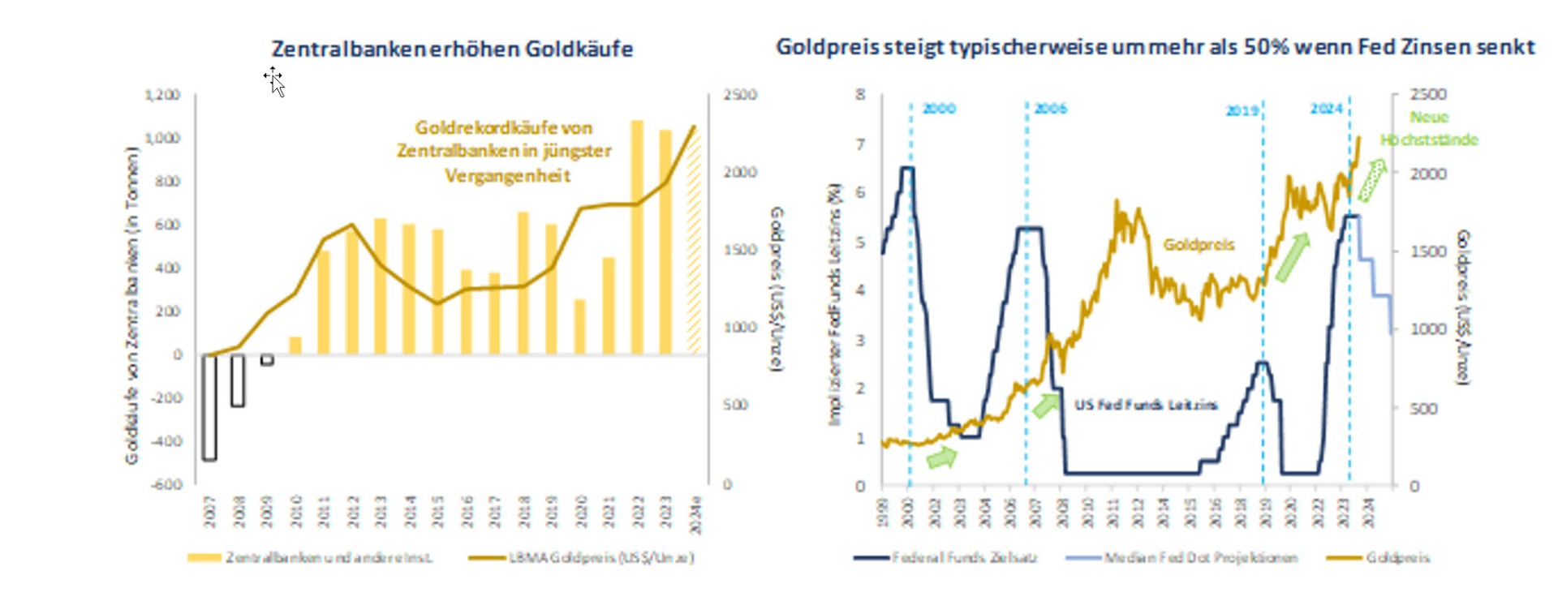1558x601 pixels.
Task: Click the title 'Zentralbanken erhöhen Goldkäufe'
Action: click(x=452, y=49)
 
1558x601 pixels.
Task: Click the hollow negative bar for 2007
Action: click(x=209, y=407)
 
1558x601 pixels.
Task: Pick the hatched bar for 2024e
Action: click(x=693, y=243)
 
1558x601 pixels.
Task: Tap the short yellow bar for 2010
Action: click(x=295, y=346)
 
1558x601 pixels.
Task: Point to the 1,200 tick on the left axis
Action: click(x=162, y=95)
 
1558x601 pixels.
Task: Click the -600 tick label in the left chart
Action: click(x=167, y=484)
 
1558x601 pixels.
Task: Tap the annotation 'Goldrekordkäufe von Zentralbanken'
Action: click(x=504, y=151)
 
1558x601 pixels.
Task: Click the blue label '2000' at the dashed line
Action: click(x=939, y=109)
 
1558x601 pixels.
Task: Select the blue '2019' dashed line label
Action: click(x=1242, y=110)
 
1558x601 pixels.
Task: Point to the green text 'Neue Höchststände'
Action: click(x=1429, y=128)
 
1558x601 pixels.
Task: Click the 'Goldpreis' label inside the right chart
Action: click(x=1198, y=245)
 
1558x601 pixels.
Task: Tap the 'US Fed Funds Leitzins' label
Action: click(x=1146, y=405)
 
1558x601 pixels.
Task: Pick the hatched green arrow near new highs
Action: click(x=1371, y=180)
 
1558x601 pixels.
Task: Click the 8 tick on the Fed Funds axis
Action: click(x=860, y=95)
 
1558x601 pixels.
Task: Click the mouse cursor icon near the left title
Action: click(x=276, y=82)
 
